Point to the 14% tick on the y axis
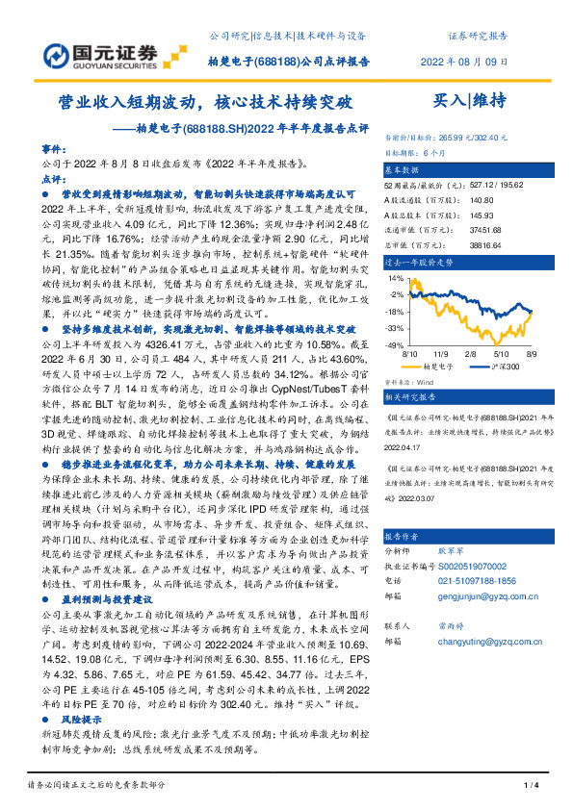396,279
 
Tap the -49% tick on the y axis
394,344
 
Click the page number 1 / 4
529,788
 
